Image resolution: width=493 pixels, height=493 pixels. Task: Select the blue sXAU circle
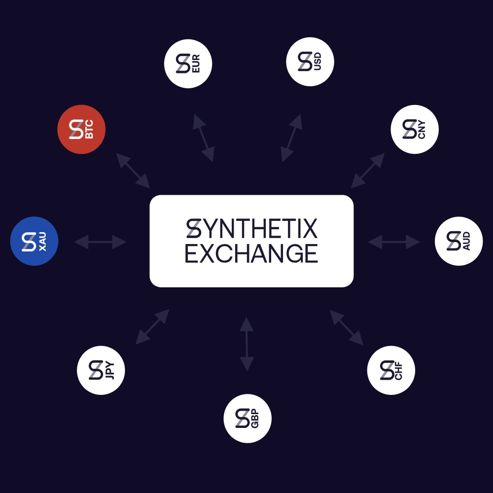[35, 242]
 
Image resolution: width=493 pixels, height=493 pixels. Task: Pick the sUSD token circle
[310, 62]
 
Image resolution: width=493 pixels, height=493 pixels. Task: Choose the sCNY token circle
[415, 130]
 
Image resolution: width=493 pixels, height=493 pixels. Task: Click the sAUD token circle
[458, 242]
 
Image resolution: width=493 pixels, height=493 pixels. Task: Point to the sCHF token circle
[391, 370]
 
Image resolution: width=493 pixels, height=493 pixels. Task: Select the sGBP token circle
[247, 419]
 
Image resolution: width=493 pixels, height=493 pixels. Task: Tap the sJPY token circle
[101, 370]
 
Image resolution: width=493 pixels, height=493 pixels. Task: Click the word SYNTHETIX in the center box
[251, 229]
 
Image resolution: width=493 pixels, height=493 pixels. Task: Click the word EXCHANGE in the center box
[251, 253]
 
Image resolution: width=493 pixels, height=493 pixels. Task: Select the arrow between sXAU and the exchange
[100, 242]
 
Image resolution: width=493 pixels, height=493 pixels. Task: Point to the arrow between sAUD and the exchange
[394, 242]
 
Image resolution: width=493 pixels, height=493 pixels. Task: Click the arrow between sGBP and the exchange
[246, 344]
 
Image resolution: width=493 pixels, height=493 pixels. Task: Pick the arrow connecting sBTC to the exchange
[133, 170]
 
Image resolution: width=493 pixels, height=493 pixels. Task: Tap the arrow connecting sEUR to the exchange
[203, 138]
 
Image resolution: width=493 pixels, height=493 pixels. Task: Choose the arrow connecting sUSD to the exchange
[291, 138]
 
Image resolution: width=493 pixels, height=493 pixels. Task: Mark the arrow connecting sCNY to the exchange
[368, 171]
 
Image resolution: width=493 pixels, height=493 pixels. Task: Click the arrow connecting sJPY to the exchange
[152, 326]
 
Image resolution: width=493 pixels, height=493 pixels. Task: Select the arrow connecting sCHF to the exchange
[347, 327]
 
